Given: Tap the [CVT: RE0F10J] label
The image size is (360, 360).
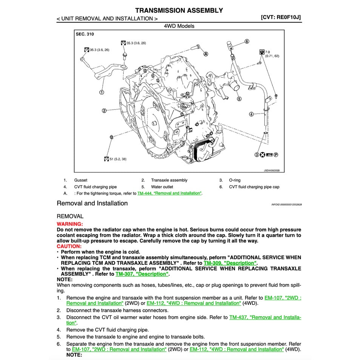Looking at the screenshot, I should [280, 17].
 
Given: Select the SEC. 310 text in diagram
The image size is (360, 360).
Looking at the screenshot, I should [85, 34].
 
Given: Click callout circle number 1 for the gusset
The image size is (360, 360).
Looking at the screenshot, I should [102, 92].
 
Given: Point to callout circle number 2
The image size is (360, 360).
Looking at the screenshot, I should [104, 111].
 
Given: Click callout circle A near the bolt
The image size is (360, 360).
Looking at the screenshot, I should [206, 54].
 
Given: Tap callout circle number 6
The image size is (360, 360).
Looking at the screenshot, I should [247, 42].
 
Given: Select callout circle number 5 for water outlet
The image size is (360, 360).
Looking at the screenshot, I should [239, 99].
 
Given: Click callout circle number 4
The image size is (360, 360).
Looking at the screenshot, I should [251, 114].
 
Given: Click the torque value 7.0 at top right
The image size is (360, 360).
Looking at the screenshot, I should [268, 52].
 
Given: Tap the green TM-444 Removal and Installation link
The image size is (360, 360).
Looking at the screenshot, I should [169, 193].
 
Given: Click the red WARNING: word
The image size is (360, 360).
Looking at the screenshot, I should [69, 224].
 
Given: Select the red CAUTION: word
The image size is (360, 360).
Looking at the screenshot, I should [69, 246].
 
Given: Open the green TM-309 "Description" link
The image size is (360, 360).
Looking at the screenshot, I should [230, 263].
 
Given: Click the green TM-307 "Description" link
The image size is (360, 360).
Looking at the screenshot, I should [142, 274].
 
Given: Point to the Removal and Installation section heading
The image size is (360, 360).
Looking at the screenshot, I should [92, 203].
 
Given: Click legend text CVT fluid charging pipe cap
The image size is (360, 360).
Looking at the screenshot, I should [254, 187].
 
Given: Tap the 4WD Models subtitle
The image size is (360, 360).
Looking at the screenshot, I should [179, 26].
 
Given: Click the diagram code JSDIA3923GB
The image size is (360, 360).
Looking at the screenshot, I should [271, 170].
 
